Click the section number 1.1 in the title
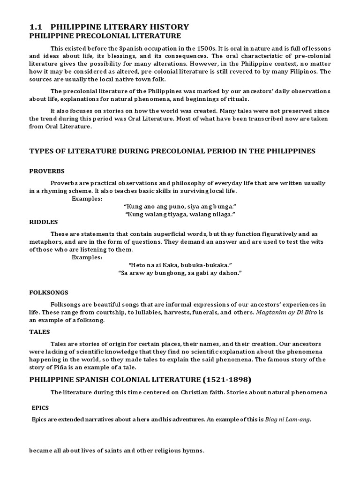click(36, 27)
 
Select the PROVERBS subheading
click(47, 171)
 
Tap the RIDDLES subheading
click(44, 222)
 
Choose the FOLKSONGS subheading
click(49, 292)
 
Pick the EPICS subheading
click(40, 408)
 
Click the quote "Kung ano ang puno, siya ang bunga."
click(180, 206)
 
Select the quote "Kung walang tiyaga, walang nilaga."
click(180, 214)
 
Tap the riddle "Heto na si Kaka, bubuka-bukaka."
click(180, 265)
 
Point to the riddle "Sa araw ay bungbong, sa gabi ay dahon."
click(180, 273)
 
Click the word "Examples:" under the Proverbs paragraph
click(87, 198)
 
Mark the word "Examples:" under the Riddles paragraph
click(87, 257)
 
